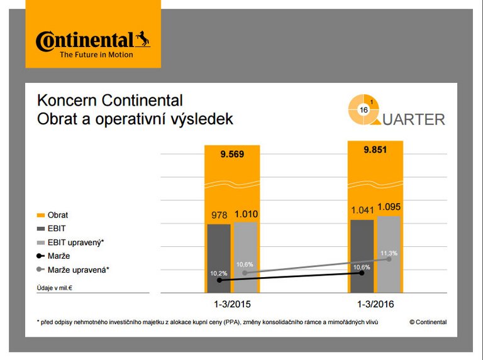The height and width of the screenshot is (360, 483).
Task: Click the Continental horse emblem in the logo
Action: pyautogui.click(x=143, y=40)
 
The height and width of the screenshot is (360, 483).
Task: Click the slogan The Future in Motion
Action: pyautogui.click(x=96, y=55)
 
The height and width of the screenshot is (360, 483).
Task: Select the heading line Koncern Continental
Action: pyautogui.click(x=110, y=101)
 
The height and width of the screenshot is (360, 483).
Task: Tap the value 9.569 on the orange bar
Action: pyautogui.click(x=231, y=155)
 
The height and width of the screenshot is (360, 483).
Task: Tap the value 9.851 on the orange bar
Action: pyautogui.click(x=375, y=150)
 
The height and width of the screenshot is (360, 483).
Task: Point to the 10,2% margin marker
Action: pyautogui.click(x=219, y=280)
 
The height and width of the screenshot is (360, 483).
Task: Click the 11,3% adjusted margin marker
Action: pyautogui.click(x=389, y=259)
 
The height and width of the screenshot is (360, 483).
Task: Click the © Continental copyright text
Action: pyautogui.click(x=428, y=322)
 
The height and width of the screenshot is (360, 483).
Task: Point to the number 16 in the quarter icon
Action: pyautogui.click(x=364, y=110)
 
